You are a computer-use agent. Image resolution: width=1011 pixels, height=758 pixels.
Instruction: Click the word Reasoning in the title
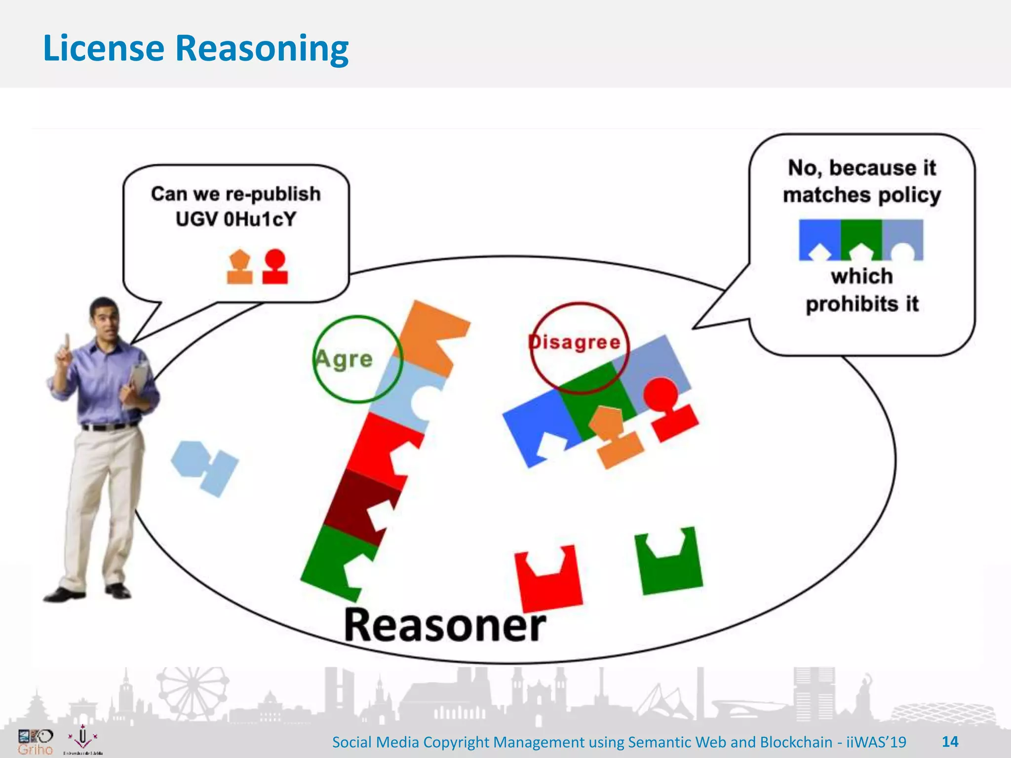pyautogui.click(x=262, y=48)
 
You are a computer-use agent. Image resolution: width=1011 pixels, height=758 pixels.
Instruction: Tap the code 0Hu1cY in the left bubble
pyautogui.click(x=260, y=219)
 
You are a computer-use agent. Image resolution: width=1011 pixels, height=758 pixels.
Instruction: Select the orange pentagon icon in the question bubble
pyautogui.click(x=239, y=266)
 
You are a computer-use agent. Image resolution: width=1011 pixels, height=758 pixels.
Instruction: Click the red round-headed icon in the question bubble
pyautogui.click(x=275, y=266)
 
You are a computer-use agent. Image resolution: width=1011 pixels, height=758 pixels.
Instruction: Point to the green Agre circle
pyautogui.click(x=357, y=359)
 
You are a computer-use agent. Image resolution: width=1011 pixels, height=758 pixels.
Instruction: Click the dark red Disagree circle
pyautogui.click(x=579, y=347)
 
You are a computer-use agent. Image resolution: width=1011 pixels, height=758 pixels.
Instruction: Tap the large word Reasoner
pyautogui.click(x=444, y=626)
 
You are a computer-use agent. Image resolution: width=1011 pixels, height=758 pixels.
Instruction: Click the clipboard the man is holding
pyautogui.click(x=138, y=380)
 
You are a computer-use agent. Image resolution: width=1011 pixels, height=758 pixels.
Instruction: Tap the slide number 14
pyautogui.click(x=950, y=742)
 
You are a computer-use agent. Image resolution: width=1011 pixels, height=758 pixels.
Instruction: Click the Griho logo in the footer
pyautogui.click(x=35, y=742)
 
